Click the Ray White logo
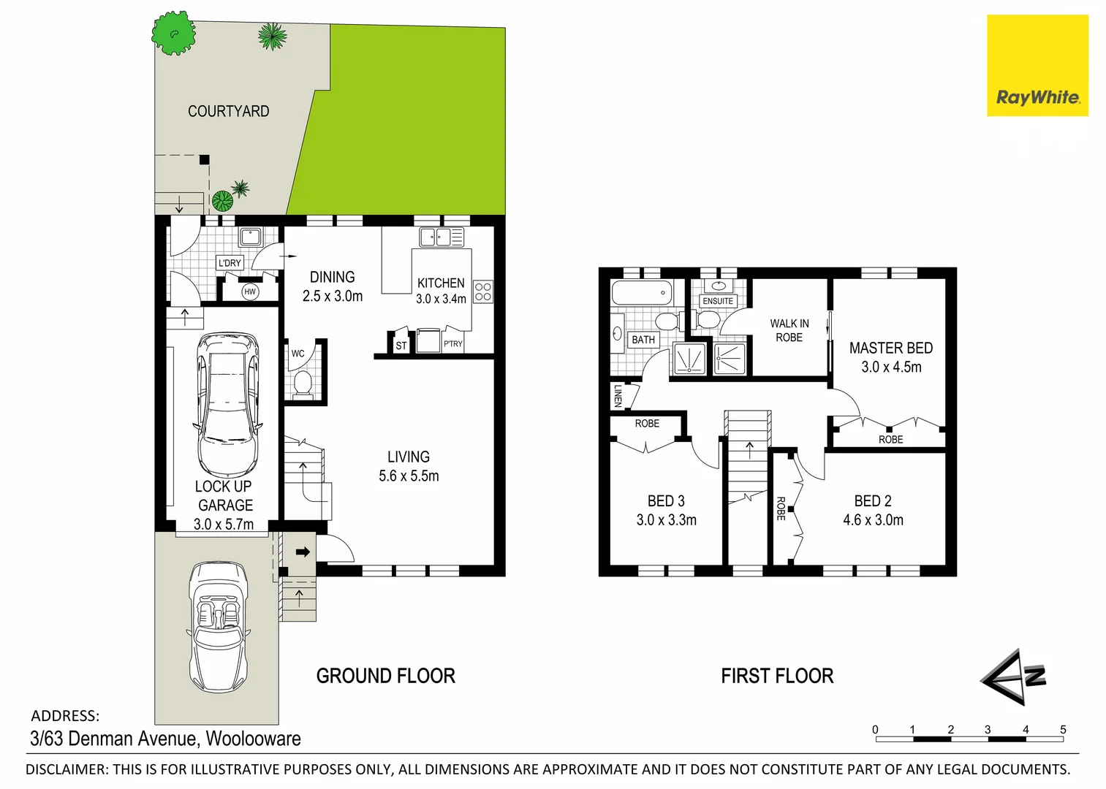[x=1037, y=66]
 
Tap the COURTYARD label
[x=228, y=111]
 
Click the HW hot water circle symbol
[x=250, y=291]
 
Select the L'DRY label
[x=230, y=263]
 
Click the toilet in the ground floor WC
[x=302, y=382]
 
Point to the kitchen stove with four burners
[x=483, y=291]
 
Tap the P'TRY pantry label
[x=453, y=343]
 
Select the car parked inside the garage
[x=227, y=404]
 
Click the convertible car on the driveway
[x=218, y=627]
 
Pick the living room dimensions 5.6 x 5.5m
[x=409, y=476]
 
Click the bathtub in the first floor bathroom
[x=641, y=292]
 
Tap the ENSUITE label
[x=718, y=301]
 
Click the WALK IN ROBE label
[x=789, y=330]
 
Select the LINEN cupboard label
[x=618, y=396]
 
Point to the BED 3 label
[x=666, y=501]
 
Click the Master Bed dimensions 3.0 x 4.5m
[x=891, y=367]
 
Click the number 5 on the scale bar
[x=1063, y=729]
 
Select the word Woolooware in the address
[x=253, y=739]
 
